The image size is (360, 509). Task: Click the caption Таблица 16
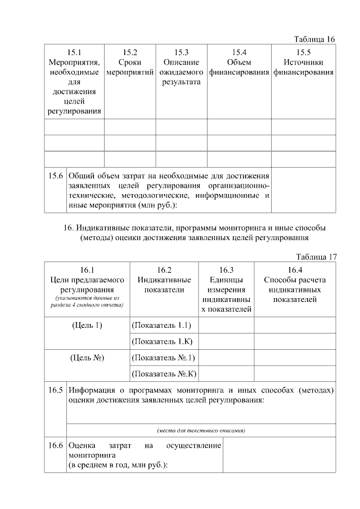(314, 39)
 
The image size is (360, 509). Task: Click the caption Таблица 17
(316, 257)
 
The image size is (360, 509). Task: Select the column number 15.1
(74, 52)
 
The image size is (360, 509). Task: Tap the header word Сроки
(130, 62)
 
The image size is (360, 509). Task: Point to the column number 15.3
(181, 52)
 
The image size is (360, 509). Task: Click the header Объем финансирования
(239, 67)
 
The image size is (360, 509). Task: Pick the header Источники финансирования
(303, 67)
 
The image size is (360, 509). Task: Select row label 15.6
(55, 175)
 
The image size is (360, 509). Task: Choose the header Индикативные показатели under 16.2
(164, 285)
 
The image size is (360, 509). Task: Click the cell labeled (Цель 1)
(87, 326)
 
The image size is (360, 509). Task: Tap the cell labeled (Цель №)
(87, 357)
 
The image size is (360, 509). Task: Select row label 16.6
(55, 445)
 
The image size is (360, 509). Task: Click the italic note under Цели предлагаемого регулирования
(87, 301)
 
